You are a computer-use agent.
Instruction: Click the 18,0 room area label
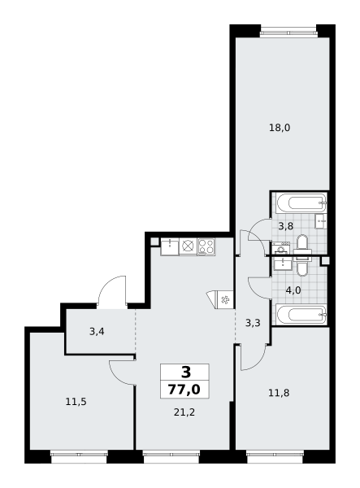pyautogui.click(x=280, y=128)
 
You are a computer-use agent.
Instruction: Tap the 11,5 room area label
pyautogui.click(x=76, y=402)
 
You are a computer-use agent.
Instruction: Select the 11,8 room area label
pyautogui.click(x=279, y=393)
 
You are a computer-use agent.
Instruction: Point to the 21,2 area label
pyautogui.click(x=184, y=412)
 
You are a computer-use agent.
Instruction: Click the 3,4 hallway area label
pyautogui.click(x=97, y=332)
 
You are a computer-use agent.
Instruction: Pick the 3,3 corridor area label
pyautogui.click(x=253, y=323)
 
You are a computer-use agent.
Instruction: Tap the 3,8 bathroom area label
pyautogui.click(x=286, y=226)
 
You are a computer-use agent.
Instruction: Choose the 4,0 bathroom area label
pyautogui.click(x=293, y=290)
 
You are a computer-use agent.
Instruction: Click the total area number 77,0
pyautogui.click(x=184, y=390)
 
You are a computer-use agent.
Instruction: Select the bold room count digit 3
pyautogui.click(x=186, y=372)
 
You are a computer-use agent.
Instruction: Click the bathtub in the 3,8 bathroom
pyautogui.click(x=301, y=203)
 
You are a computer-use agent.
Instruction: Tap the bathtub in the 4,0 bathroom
pyautogui.click(x=301, y=315)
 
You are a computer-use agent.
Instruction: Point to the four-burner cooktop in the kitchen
pyautogui.click(x=206, y=246)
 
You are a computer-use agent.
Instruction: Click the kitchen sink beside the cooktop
pyautogui.click(x=170, y=246)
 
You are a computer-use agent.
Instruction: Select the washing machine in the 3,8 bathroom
pyautogui.click(x=281, y=248)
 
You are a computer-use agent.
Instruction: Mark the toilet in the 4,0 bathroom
pyautogui.click(x=301, y=265)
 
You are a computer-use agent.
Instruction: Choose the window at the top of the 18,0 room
pyautogui.click(x=288, y=31)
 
